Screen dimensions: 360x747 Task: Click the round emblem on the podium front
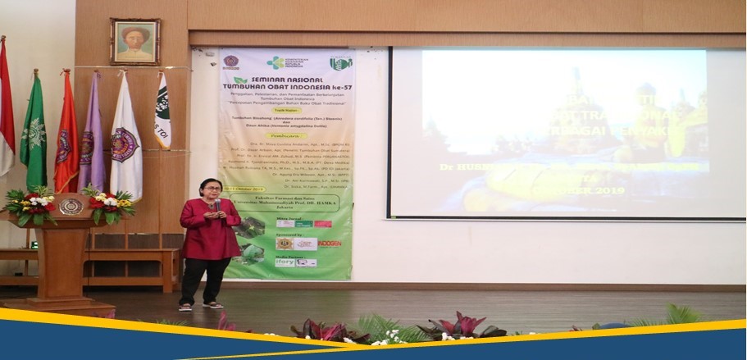[x=71, y=207]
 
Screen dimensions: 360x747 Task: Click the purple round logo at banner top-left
[x=231, y=62]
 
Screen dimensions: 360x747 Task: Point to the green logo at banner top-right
[x=340, y=62]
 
